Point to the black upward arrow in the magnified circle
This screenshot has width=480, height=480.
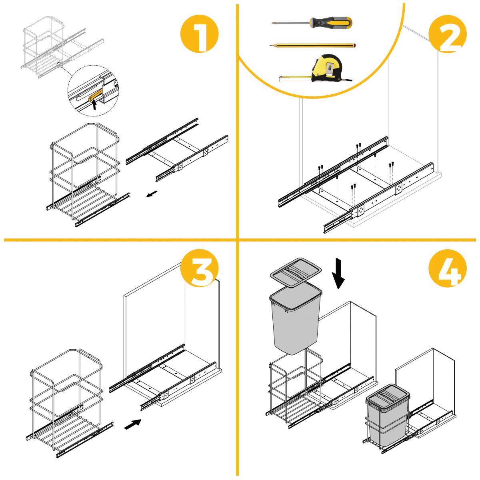[94, 105]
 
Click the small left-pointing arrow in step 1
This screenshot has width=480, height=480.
[151, 195]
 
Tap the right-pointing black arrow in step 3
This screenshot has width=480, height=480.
[133, 424]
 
